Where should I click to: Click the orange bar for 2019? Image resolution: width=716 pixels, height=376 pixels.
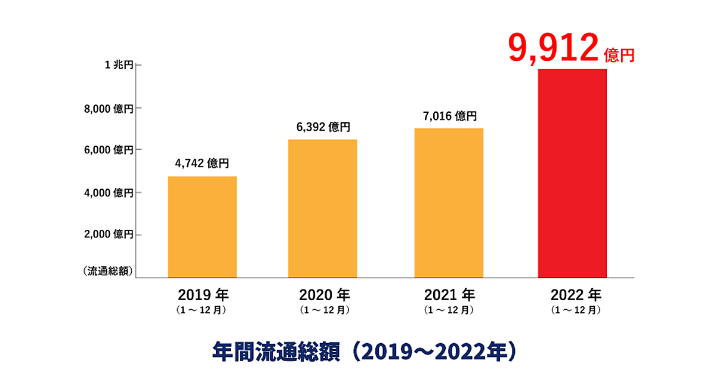coord(202,227)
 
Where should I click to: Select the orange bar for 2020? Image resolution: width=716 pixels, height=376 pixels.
coord(322,208)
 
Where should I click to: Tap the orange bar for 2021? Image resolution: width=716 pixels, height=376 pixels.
coord(449,203)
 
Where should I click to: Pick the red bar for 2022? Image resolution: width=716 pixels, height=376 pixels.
coord(572,173)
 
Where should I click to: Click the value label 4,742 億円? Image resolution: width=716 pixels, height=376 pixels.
coord(202,163)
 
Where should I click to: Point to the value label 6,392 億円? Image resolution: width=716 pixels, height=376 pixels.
coord(323,127)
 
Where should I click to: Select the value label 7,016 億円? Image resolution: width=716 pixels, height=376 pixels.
coord(449,116)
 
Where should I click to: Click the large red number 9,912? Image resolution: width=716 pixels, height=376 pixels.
coord(553,49)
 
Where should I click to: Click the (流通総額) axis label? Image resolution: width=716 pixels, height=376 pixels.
coord(108,271)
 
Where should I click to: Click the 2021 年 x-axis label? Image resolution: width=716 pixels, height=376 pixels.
coord(449,295)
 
